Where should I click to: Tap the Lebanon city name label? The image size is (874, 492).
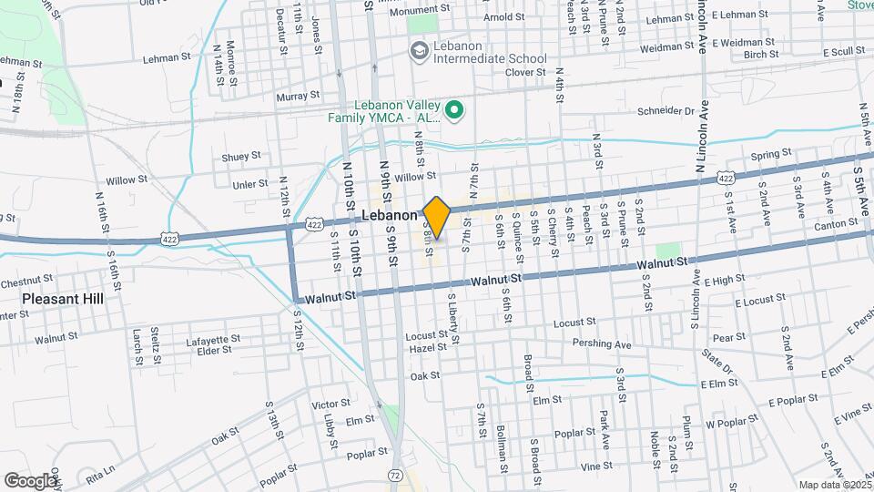389,216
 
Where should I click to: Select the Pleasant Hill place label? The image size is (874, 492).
62,298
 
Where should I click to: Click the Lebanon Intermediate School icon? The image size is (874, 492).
419,49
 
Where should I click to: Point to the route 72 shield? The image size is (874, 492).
393,475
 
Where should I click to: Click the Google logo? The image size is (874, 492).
30,480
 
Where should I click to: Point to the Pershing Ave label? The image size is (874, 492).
602,344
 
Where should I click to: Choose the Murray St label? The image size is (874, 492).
297,95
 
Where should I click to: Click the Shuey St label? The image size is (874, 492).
241,156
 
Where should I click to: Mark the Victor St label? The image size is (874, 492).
330,403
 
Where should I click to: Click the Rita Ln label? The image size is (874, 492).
101,470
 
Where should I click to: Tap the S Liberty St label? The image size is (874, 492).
452,318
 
